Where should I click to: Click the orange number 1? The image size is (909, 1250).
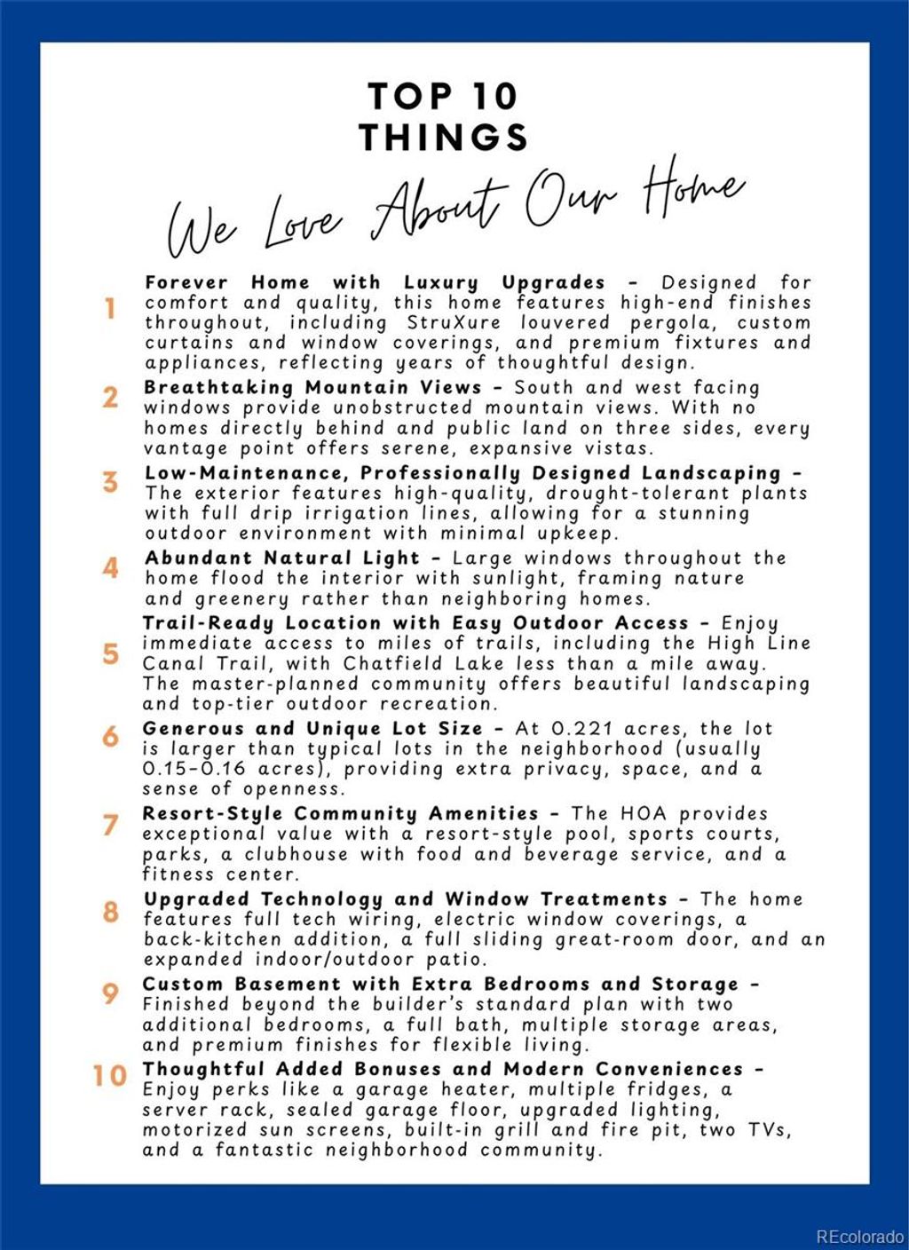(x=110, y=309)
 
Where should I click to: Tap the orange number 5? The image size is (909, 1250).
(x=110, y=654)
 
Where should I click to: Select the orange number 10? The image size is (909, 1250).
(x=110, y=1076)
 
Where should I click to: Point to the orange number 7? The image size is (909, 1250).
(x=110, y=825)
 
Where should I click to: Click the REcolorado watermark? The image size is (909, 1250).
(x=859, y=1237)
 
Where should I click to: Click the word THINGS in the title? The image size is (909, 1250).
(x=444, y=138)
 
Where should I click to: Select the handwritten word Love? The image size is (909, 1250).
(x=303, y=223)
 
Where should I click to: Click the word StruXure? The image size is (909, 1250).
(x=454, y=323)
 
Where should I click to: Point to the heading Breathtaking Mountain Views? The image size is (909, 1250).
(x=312, y=388)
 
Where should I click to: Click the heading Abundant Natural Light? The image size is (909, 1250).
(x=282, y=558)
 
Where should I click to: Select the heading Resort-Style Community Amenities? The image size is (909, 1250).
(x=341, y=814)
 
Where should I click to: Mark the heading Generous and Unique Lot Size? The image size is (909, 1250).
(x=312, y=729)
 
